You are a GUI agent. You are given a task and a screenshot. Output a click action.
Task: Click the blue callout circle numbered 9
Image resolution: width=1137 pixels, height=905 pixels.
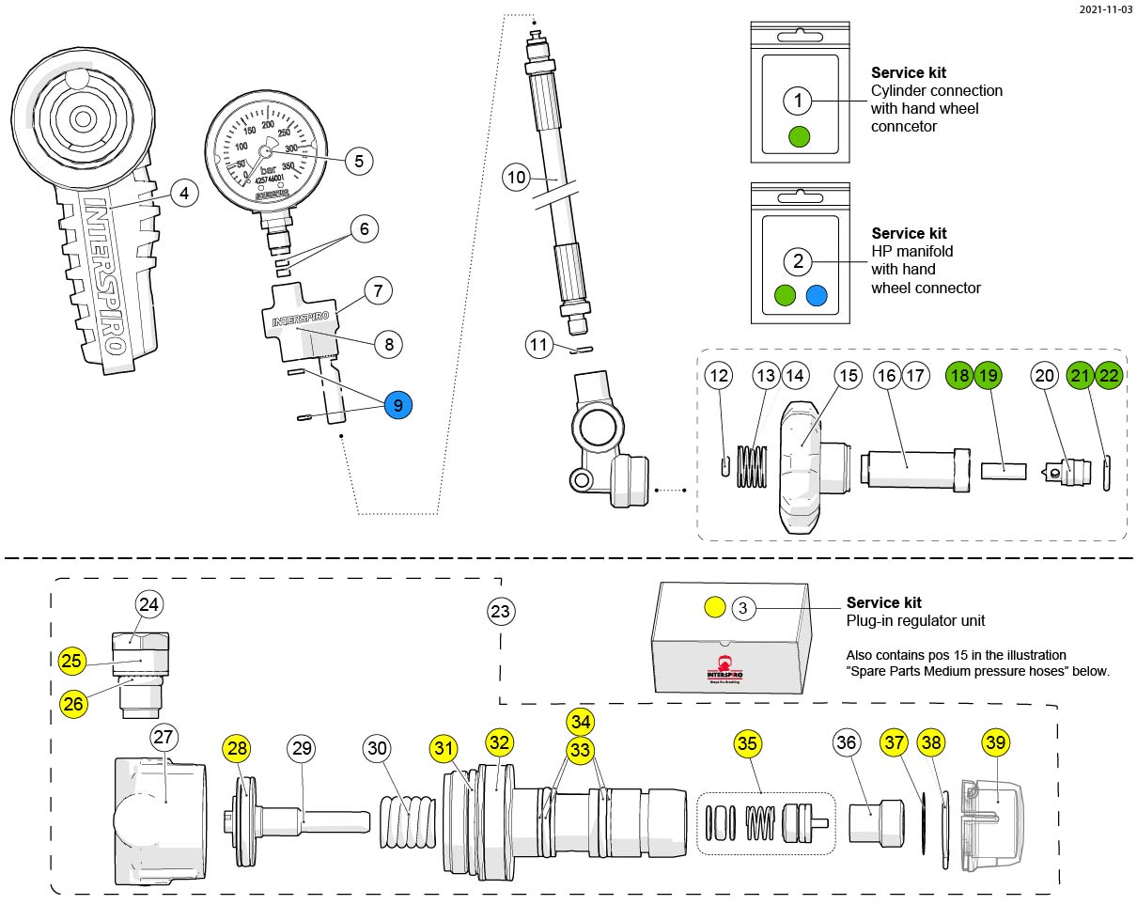pyautogui.click(x=397, y=405)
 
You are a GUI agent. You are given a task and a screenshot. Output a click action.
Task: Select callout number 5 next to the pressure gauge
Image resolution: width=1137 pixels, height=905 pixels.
pyautogui.click(x=359, y=161)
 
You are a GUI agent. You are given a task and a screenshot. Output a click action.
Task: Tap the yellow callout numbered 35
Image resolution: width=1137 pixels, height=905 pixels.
pyautogui.click(x=747, y=743)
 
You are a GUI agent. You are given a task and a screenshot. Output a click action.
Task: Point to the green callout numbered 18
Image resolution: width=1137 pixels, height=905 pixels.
pyautogui.click(x=959, y=375)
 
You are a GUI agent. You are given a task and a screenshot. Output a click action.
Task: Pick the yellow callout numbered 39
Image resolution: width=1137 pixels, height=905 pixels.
pyautogui.click(x=996, y=742)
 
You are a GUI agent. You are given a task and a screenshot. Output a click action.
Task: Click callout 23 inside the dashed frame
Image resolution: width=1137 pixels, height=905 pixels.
pyautogui.click(x=501, y=612)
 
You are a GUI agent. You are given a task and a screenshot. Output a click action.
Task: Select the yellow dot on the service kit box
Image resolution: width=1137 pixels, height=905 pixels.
pyautogui.click(x=714, y=608)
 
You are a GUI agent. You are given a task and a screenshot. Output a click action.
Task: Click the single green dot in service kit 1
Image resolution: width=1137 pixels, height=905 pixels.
pyautogui.click(x=799, y=136)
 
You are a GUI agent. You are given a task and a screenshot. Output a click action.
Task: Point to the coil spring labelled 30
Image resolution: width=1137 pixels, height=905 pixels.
pyautogui.click(x=409, y=820)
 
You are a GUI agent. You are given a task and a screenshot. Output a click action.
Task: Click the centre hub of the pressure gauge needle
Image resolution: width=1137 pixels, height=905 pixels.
pyautogui.click(x=266, y=150)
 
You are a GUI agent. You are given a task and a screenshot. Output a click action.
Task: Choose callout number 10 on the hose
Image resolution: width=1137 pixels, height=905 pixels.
pyautogui.click(x=516, y=177)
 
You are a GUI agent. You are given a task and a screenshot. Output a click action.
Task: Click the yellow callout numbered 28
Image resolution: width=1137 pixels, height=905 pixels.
pyautogui.click(x=238, y=749)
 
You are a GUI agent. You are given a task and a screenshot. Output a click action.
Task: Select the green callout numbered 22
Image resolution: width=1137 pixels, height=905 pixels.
pyautogui.click(x=1109, y=375)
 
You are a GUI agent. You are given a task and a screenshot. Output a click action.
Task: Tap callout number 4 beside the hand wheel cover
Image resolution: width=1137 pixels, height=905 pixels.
pyautogui.click(x=184, y=194)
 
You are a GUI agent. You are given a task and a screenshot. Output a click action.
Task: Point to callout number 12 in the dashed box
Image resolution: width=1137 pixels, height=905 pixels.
pyautogui.click(x=720, y=375)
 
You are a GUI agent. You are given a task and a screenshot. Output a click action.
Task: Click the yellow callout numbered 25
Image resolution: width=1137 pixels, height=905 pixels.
pyautogui.click(x=71, y=661)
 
